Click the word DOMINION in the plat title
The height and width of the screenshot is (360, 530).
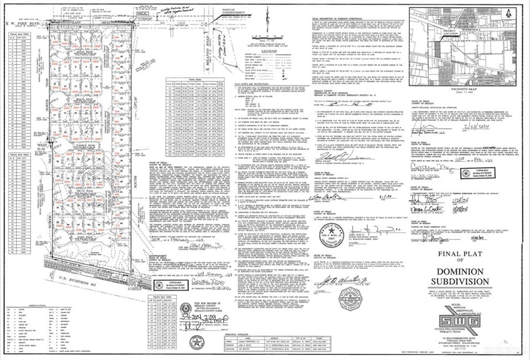pyautogui.click(x=463, y=272)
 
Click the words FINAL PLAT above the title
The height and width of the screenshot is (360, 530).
pyautogui.click(x=463, y=254)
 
